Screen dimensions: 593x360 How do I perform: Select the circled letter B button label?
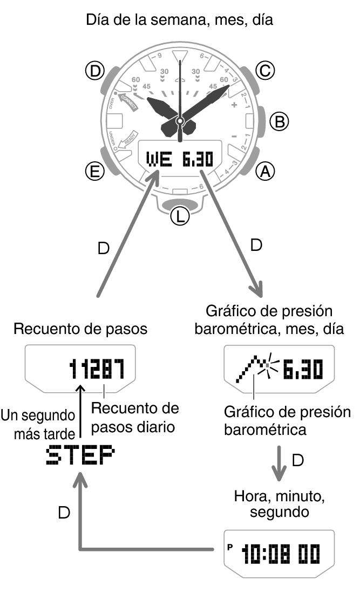(x=279, y=121)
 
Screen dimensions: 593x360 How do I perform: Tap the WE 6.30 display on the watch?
(x=180, y=159)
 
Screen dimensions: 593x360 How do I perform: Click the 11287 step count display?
(x=96, y=369)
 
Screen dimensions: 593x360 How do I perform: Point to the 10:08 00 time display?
(x=281, y=554)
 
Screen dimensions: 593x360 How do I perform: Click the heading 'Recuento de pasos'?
(x=80, y=329)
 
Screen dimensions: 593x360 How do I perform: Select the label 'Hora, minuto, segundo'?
(x=279, y=503)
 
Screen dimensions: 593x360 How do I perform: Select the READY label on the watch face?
(x=128, y=139)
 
